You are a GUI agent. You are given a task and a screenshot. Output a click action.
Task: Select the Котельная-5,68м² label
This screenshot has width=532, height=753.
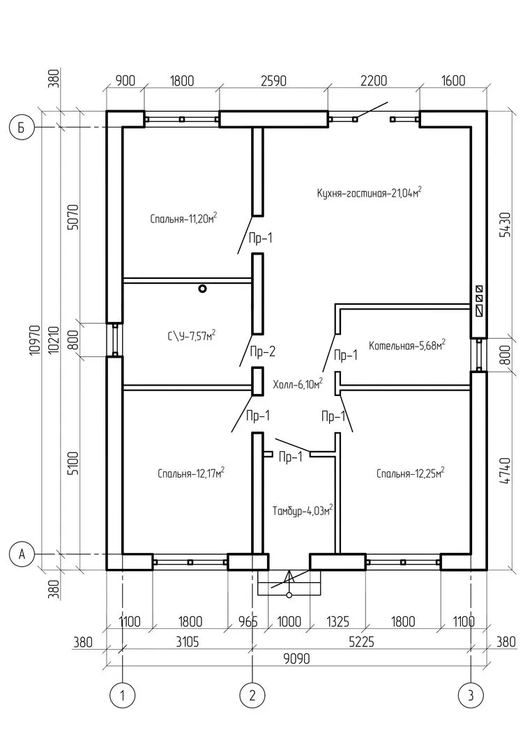pyautogui.click(x=407, y=344)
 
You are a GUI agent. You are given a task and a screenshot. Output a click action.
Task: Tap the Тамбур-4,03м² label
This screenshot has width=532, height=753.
pyautogui.click(x=302, y=510)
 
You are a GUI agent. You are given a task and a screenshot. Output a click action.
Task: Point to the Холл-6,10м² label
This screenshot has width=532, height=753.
pyautogui.click(x=298, y=383)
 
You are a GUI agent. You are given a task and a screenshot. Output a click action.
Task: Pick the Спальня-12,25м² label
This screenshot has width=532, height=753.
pyautogui.click(x=410, y=473)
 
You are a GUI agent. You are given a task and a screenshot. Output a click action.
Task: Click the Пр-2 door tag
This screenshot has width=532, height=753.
pyautogui.click(x=263, y=351)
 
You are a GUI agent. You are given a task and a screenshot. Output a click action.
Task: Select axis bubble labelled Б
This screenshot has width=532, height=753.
pyautogui.click(x=22, y=128)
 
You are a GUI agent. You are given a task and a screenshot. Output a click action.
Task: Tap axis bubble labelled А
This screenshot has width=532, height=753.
pyautogui.click(x=22, y=554)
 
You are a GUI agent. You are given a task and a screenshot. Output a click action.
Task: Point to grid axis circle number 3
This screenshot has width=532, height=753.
pyautogui.click(x=471, y=694)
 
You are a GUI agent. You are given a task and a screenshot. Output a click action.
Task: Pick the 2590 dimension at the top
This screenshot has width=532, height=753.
pyautogui.click(x=273, y=80)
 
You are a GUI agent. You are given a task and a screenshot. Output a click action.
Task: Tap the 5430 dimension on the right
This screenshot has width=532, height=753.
pyautogui.click(x=507, y=225)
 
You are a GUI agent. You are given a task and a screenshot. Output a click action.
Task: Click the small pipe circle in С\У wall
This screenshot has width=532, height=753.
pyautogui.click(x=202, y=288)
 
